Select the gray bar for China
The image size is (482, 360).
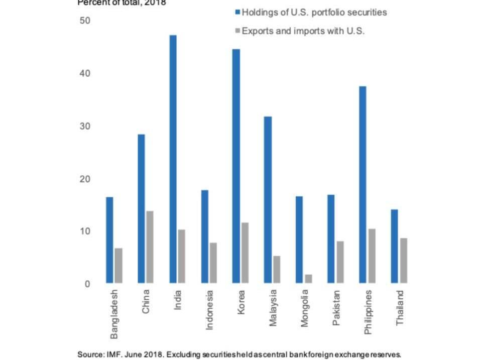point(149,247)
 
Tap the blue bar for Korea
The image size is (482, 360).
point(236,166)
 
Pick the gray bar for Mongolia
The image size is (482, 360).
point(308,279)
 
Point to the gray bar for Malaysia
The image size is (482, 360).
point(276,270)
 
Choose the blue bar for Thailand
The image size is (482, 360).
point(394,246)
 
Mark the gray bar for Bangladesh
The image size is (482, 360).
point(118,266)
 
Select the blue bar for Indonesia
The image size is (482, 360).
point(204,236)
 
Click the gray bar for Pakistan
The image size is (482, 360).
point(340,262)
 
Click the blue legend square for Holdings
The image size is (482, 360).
point(237,13)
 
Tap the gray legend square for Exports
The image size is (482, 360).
point(237,31)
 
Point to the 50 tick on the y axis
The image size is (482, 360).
point(84,21)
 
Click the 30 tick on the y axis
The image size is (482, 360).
point(84,126)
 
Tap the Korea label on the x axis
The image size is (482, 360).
point(241,302)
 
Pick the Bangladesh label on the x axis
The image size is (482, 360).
point(114,314)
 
